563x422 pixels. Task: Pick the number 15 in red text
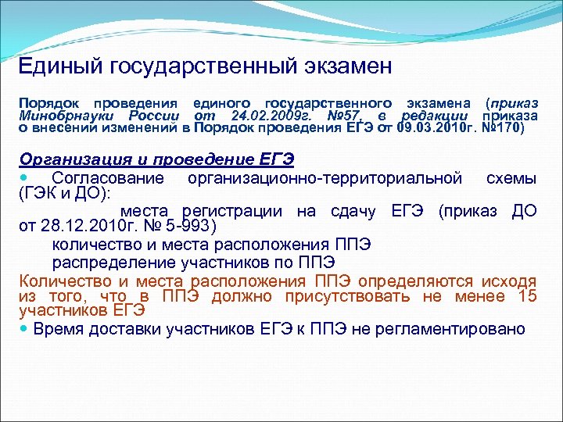(x=527, y=295)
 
